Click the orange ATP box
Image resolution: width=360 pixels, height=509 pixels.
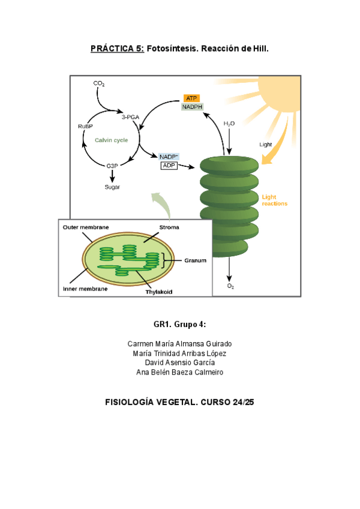(191, 98)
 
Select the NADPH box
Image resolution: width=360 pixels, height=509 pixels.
(192, 107)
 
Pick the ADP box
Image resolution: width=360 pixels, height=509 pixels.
(169, 165)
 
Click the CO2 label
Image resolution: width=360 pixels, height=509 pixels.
(99, 83)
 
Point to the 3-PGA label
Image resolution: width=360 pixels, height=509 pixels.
(130, 117)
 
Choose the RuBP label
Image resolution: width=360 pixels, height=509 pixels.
(85, 126)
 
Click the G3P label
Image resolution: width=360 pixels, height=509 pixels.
(112, 165)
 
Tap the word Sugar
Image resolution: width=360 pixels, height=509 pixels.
(112, 187)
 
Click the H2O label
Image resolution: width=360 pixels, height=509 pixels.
(229, 124)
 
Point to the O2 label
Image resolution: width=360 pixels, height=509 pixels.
(230, 286)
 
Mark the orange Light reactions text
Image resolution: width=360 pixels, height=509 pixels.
(274, 200)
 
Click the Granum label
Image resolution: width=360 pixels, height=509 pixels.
(195, 261)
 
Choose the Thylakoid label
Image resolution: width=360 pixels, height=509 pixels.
(158, 292)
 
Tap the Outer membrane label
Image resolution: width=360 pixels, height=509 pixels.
(85, 227)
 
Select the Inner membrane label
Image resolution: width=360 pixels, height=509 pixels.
(85, 289)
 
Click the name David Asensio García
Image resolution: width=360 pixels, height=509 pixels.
(180, 363)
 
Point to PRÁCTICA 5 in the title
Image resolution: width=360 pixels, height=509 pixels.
(117, 47)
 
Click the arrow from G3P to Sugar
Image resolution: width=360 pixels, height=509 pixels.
(112, 176)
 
